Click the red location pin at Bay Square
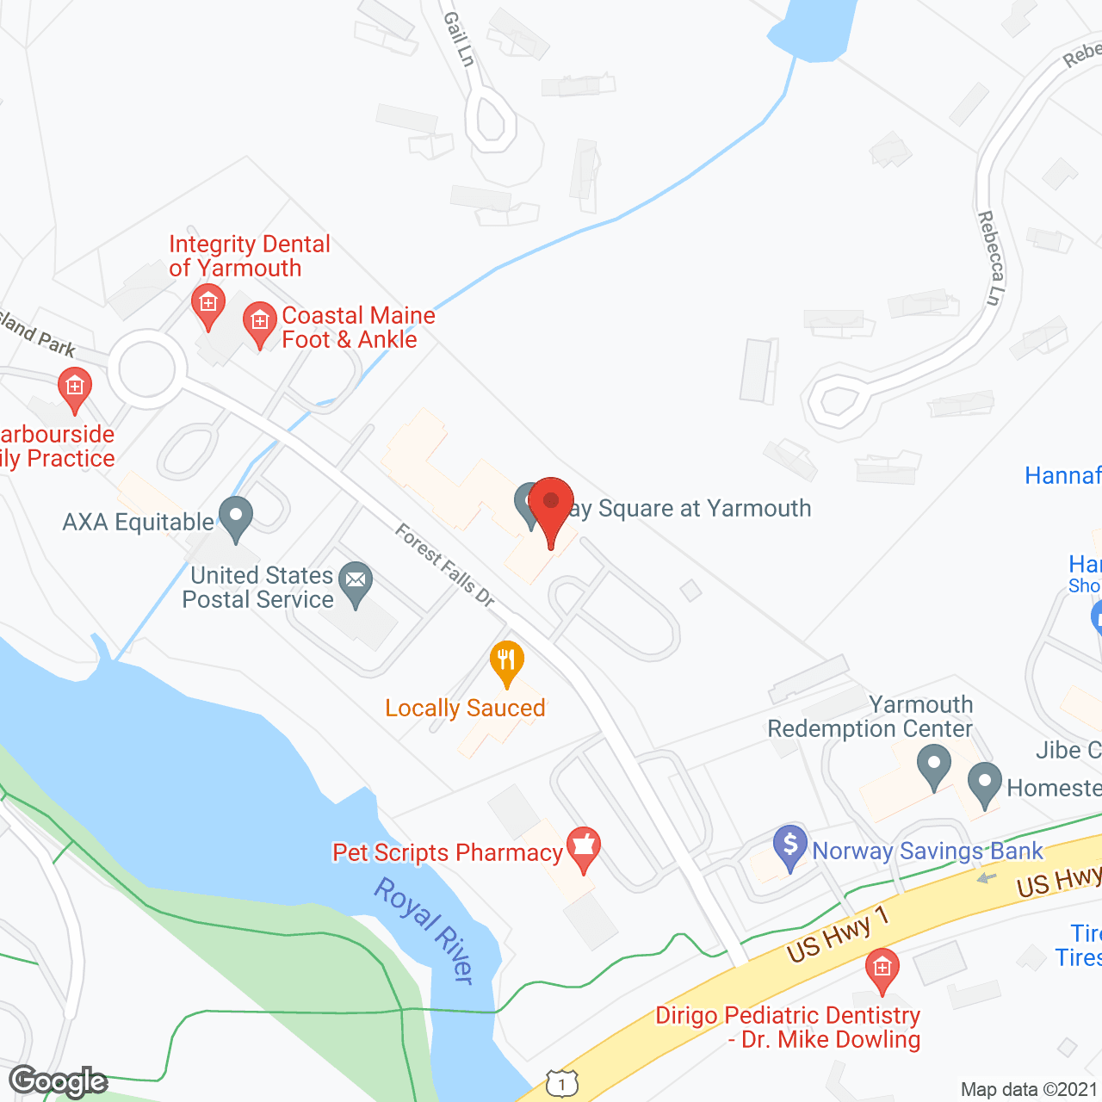[x=550, y=505]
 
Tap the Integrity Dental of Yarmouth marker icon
[x=207, y=305]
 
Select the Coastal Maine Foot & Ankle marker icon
[x=259, y=323]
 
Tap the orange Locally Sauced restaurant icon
[x=507, y=662]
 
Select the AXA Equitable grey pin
[x=235, y=517]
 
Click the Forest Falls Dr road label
[x=444, y=565]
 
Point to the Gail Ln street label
[x=459, y=39]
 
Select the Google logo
[x=59, y=1081]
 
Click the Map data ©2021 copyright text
[x=1030, y=1089]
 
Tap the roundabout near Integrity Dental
[x=147, y=369]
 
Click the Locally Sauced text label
[x=465, y=708]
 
